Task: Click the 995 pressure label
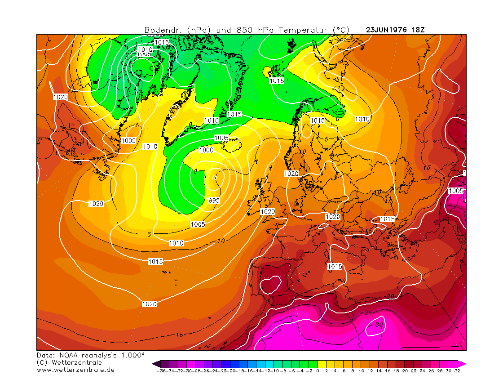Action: click(214, 201)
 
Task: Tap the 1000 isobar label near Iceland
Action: click(206, 150)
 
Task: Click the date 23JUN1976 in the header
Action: click(387, 30)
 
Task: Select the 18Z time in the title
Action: click(418, 30)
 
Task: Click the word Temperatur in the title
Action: click(305, 30)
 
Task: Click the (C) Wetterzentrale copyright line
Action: click(69, 362)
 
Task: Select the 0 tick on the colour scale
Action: click(317, 371)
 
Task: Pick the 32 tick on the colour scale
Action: click(457, 371)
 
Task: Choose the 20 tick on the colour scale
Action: click(405, 371)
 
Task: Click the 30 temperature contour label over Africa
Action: click(379, 324)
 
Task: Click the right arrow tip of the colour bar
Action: click(465, 364)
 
